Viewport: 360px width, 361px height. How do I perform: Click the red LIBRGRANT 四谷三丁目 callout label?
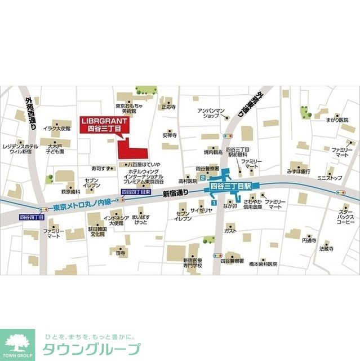click(x=104, y=125)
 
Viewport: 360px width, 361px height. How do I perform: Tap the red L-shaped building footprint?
click(x=130, y=150)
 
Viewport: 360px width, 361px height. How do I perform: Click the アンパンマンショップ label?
click(x=211, y=112)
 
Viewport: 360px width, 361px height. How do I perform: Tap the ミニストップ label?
click(x=329, y=178)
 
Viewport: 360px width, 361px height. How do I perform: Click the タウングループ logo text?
click(x=90, y=349)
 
